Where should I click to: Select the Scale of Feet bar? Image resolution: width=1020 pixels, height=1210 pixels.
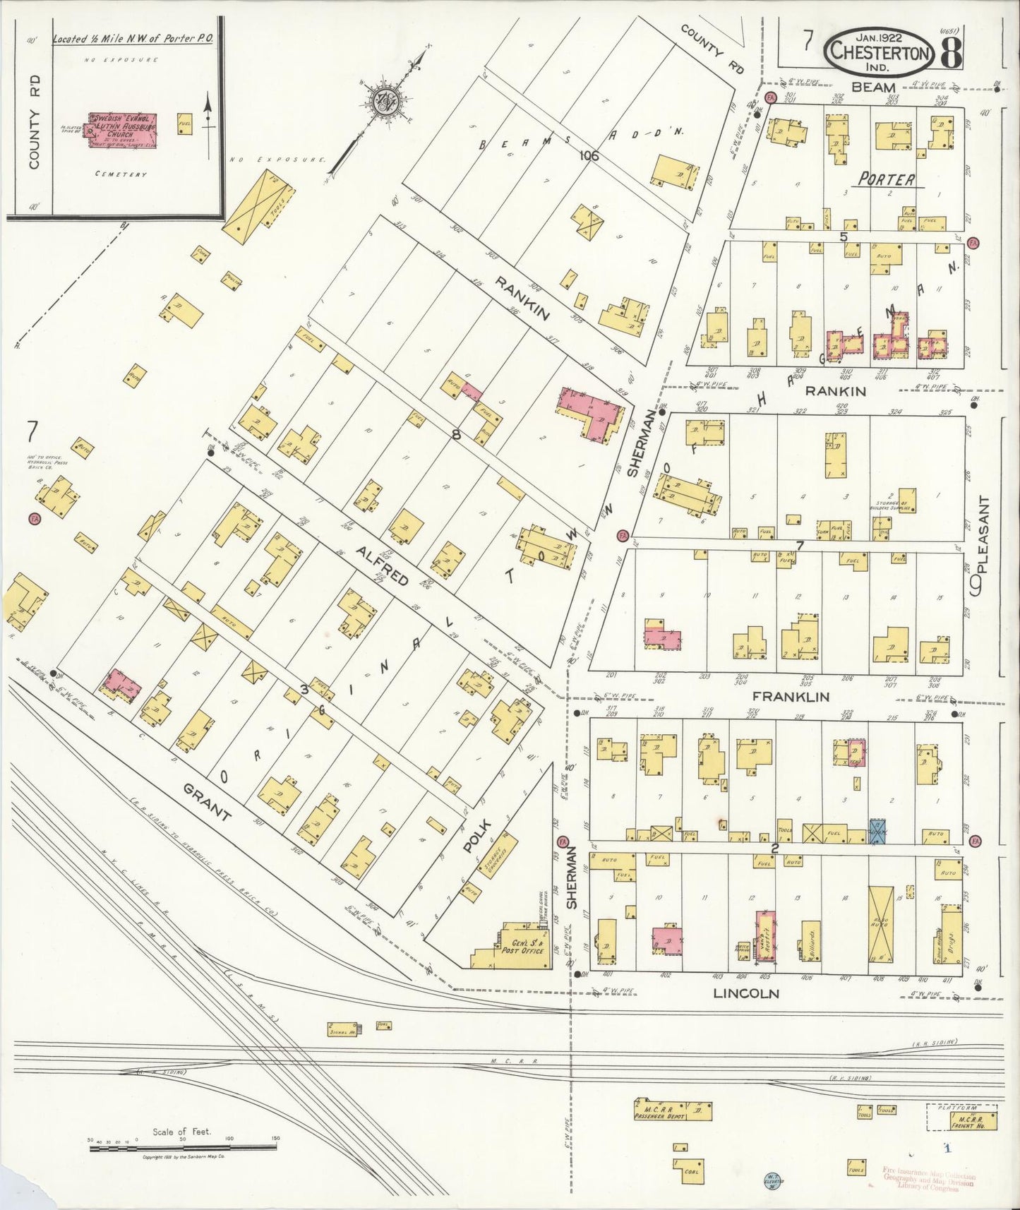point(182,1149)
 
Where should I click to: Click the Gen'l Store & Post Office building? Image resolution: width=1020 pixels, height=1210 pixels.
point(520,946)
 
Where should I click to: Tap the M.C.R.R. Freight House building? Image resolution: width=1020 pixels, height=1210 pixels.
point(972,1120)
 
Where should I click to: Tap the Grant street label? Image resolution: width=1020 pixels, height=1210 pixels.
point(208,803)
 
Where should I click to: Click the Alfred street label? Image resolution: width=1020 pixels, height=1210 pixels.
point(382,565)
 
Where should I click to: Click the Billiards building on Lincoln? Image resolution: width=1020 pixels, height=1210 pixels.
point(810,941)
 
